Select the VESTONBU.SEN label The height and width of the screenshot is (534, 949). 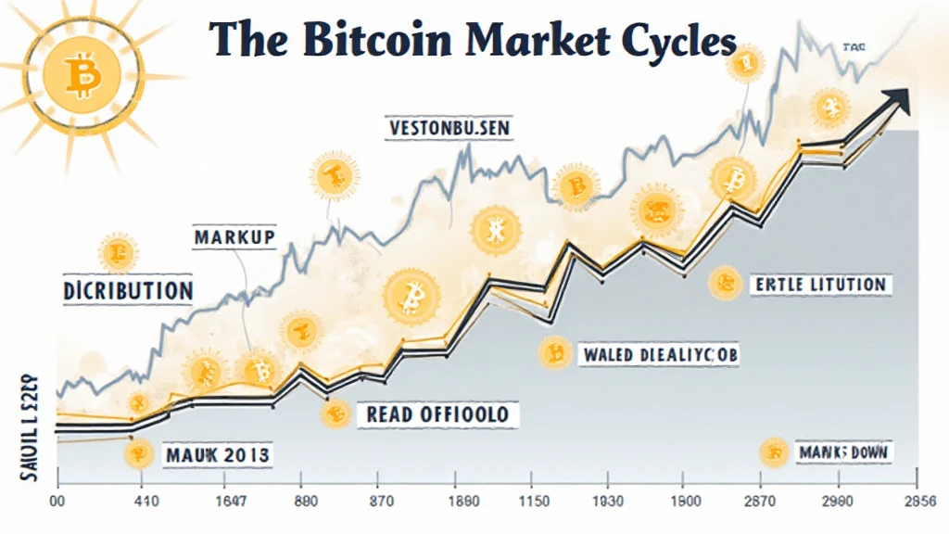pos(449,128)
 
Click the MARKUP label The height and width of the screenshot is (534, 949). pos(234,237)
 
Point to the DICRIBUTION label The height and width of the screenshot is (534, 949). pos(128,290)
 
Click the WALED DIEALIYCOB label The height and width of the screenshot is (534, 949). pos(660,354)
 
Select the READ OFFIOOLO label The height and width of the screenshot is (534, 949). pos(437,413)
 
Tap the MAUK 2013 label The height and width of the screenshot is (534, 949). pos(217,454)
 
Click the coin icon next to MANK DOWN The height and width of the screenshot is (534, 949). pos(772,452)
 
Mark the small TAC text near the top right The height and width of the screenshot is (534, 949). pos(854,44)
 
